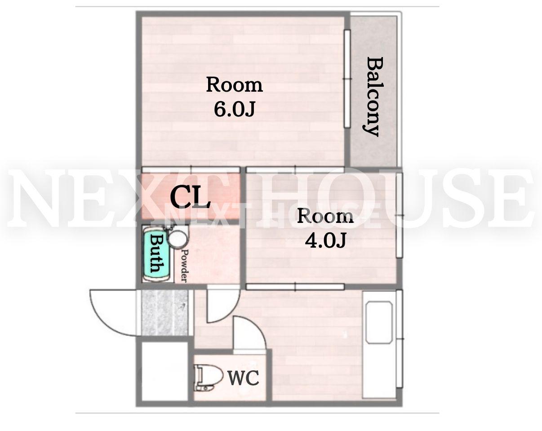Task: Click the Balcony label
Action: (x=373, y=97)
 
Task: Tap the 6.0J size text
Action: (x=235, y=109)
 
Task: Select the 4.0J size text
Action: (x=325, y=240)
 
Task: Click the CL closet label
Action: (x=190, y=197)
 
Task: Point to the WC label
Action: (x=243, y=378)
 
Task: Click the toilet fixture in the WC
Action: (x=208, y=378)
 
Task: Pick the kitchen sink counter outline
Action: (x=379, y=323)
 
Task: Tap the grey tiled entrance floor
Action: (x=165, y=313)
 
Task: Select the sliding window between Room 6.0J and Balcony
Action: (x=347, y=79)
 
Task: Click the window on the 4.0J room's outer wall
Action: (x=399, y=215)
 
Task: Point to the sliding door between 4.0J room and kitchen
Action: (x=295, y=286)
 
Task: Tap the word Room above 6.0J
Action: (x=235, y=85)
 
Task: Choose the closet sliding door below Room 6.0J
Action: (x=191, y=169)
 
